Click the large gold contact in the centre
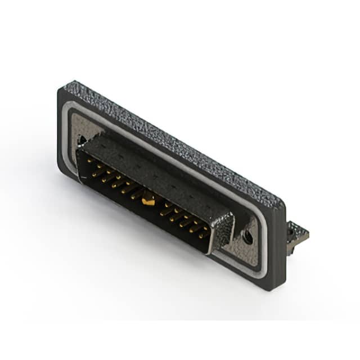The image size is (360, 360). [148, 198]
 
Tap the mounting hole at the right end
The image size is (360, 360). [247, 237]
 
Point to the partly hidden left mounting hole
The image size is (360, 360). [83, 139]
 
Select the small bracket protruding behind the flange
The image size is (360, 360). [296, 234]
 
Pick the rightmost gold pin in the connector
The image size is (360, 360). [204, 233]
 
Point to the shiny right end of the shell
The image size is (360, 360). [222, 231]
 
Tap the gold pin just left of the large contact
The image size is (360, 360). [136, 194]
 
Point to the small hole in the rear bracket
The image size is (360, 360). [291, 231]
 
